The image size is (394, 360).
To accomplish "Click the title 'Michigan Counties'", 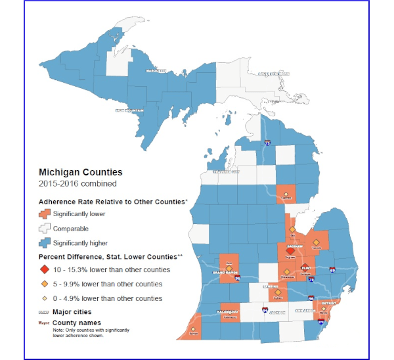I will coord(81,172).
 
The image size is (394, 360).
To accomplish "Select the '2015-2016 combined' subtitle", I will coord(77,183).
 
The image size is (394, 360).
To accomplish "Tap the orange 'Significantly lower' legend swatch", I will coord(45,214).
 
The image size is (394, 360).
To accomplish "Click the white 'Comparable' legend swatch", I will coord(45,228).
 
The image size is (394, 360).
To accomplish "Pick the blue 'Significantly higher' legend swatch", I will coord(45,242).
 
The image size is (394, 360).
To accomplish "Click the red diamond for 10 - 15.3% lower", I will coord(45,270).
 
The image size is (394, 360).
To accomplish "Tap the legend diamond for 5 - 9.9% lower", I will coord(45,284).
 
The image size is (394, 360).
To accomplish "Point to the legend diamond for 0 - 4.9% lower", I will coord(45,298).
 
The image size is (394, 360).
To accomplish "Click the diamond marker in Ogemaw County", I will coord(286,193).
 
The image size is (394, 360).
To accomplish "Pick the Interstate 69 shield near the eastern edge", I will coord(332,270).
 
